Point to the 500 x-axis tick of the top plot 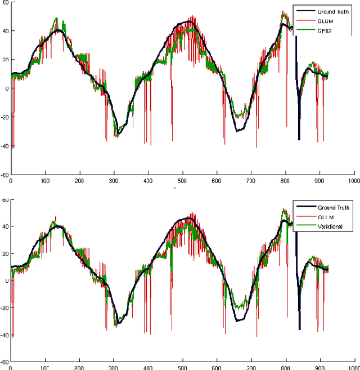182,181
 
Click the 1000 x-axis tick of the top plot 353,181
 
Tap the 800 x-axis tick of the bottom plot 286,367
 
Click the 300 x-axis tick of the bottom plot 114,367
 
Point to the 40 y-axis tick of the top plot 5,31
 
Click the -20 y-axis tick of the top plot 4,117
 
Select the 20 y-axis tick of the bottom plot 5,254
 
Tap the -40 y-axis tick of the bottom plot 4,335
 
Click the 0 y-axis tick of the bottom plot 7,281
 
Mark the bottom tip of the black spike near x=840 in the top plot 299,140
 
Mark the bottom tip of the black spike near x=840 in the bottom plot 299,329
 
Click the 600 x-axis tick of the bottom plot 217,367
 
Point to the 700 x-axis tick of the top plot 251,181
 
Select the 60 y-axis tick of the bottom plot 5,200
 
